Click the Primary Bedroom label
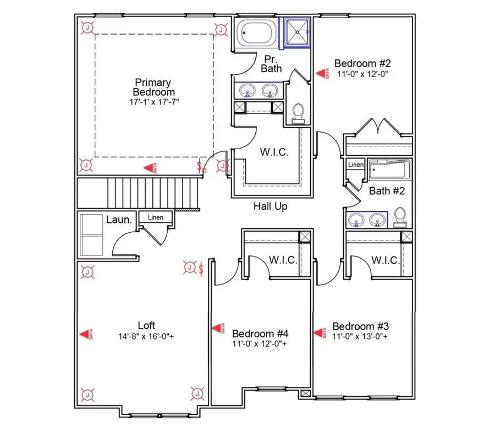pyautogui.click(x=154, y=88)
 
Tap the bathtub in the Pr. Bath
pyautogui.click(x=257, y=34)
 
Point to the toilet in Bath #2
pyautogui.click(x=400, y=217)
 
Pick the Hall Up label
pyautogui.click(x=270, y=206)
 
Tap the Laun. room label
pyautogui.click(x=119, y=220)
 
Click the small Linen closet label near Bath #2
pyautogui.click(x=356, y=165)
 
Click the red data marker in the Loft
pyautogui.click(x=85, y=333)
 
